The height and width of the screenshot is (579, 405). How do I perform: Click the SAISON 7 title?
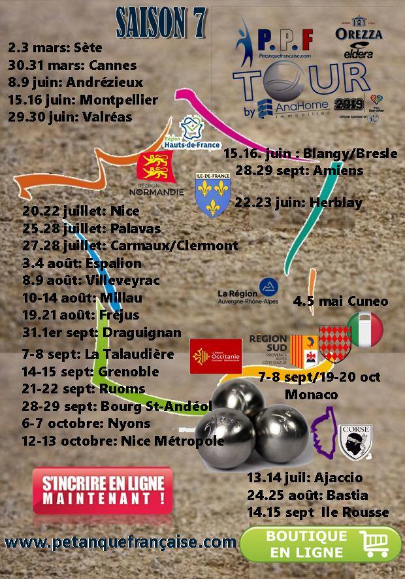[x=161, y=23]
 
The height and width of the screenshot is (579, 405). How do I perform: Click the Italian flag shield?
[x=365, y=329]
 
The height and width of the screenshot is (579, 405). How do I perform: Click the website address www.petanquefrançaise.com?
[x=120, y=542]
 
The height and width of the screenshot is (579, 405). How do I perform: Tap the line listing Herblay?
[x=299, y=203]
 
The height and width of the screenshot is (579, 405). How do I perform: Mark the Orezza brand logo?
[x=358, y=29]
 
